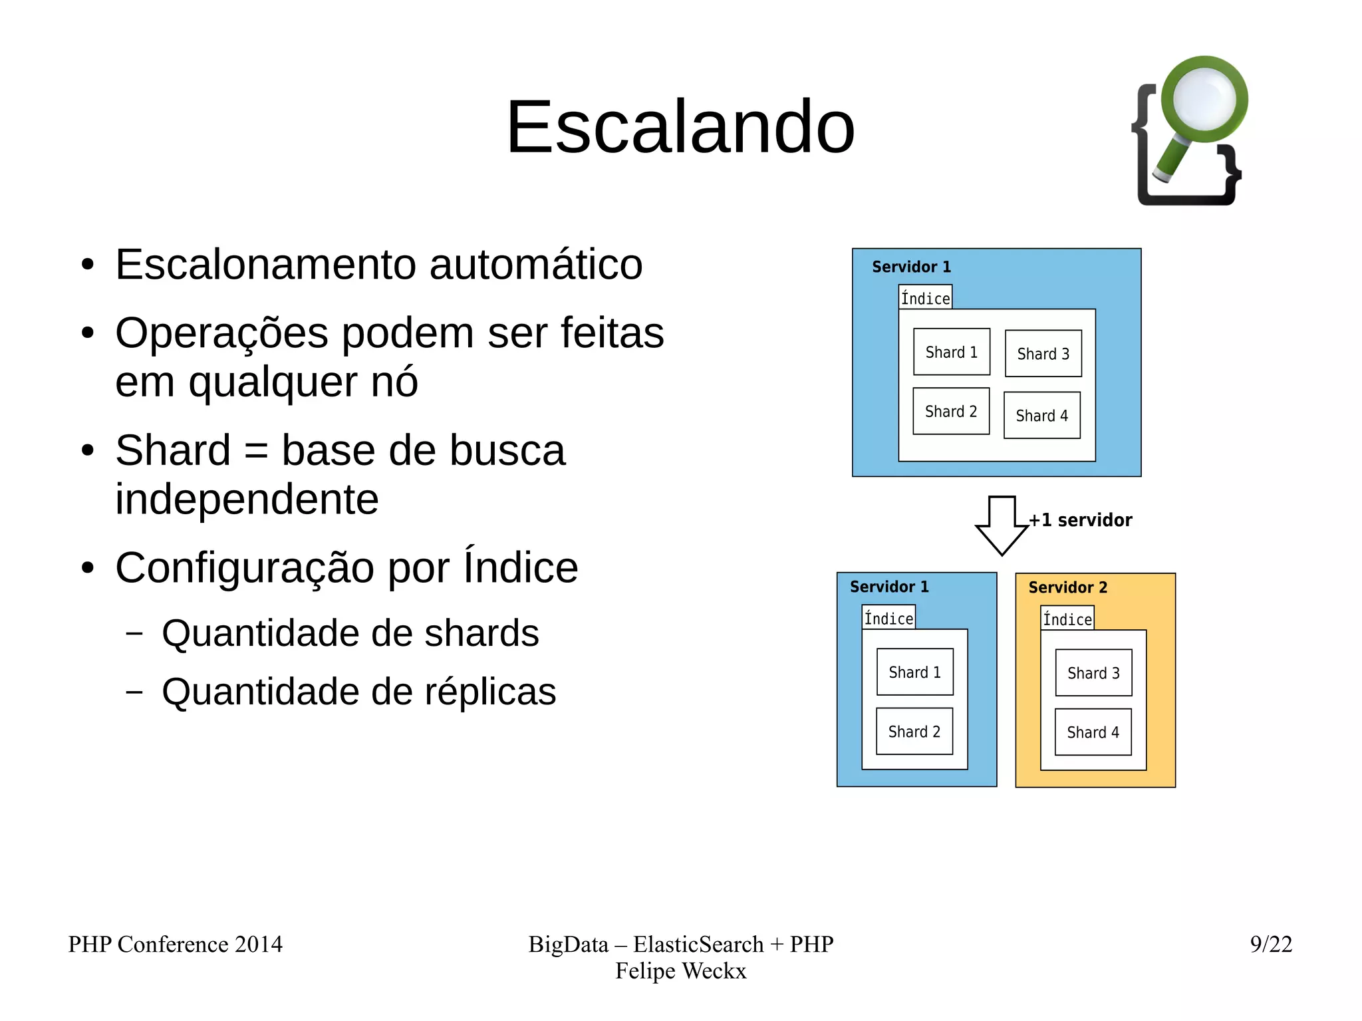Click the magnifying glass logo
[x=1190, y=130]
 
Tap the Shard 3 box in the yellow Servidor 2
[x=1093, y=673]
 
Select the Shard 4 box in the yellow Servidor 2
[x=1093, y=732]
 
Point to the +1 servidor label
[x=1080, y=520]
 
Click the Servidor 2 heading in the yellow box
[x=1067, y=587]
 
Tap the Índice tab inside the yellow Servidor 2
[x=1067, y=619]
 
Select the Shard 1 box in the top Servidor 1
[x=951, y=352]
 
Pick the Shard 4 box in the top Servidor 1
[x=1041, y=416]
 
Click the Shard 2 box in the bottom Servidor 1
[x=914, y=732]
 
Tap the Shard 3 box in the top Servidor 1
[x=1043, y=354]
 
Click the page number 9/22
[x=1270, y=944]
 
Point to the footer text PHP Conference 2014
[x=175, y=944]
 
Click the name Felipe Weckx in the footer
[x=680, y=971]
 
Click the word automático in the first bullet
[x=535, y=265]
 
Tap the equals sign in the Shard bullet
[x=256, y=451]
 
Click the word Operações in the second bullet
[x=221, y=333]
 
